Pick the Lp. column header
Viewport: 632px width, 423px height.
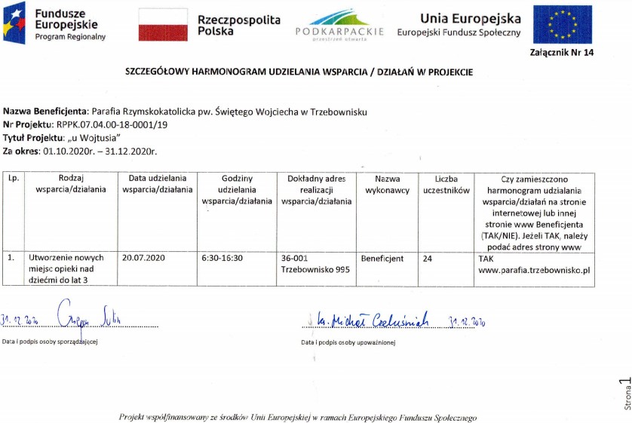pos(13,179)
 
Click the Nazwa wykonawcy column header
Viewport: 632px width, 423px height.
pos(387,185)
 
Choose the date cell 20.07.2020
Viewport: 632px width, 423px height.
pos(143,258)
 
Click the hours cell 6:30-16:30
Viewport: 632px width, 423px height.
pos(223,258)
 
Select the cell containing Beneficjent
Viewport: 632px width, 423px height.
pos(382,258)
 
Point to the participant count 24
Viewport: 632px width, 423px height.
pos(428,258)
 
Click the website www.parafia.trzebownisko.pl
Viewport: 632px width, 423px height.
pos(533,269)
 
